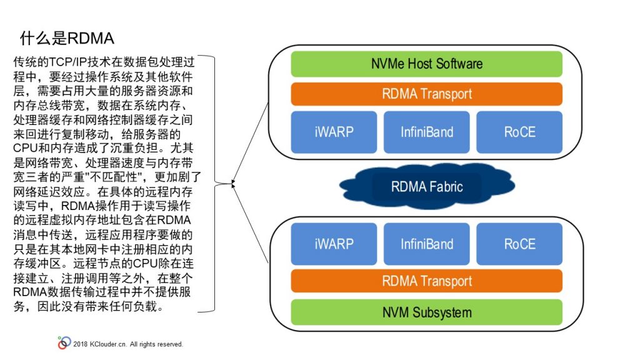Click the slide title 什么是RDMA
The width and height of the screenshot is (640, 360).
67,38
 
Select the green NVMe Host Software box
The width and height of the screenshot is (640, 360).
426,64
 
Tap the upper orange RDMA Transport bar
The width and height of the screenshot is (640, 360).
426,94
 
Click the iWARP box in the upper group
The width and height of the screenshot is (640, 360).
334,132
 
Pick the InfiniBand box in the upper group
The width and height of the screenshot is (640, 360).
426,132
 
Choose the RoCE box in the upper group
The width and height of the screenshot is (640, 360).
519,132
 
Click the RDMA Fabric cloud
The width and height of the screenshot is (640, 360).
427,186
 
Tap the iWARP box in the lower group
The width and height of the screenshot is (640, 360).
334,244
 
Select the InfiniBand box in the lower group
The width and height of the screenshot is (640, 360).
426,244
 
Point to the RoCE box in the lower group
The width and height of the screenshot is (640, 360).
519,244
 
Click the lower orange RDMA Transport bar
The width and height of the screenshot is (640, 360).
426,281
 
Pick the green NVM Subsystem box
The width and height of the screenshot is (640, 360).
426,312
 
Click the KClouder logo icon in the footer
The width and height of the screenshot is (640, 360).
64,343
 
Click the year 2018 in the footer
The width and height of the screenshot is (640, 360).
81,344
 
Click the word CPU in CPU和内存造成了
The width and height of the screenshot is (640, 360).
25,147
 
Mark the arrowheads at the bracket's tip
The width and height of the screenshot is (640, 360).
234,184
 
